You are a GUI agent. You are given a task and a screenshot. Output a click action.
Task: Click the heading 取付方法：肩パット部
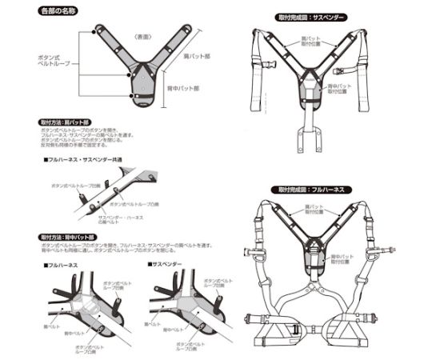click(66, 124)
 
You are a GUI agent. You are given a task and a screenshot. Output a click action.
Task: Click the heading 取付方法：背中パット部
click(69, 238)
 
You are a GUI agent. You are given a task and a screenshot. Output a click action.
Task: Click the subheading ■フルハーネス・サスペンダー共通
click(82, 160)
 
